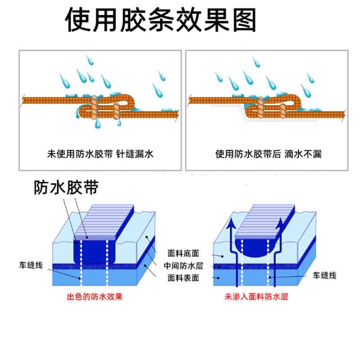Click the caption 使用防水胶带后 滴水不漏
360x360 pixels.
pyautogui.click(x=268, y=154)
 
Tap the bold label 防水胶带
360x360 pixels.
pyautogui.click(x=66, y=188)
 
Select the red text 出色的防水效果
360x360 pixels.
pyautogui.click(x=94, y=297)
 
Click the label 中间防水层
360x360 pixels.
pyautogui.click(x=183, y=265)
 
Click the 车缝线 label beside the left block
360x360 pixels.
pyautogui.click(x=31, y=265)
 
